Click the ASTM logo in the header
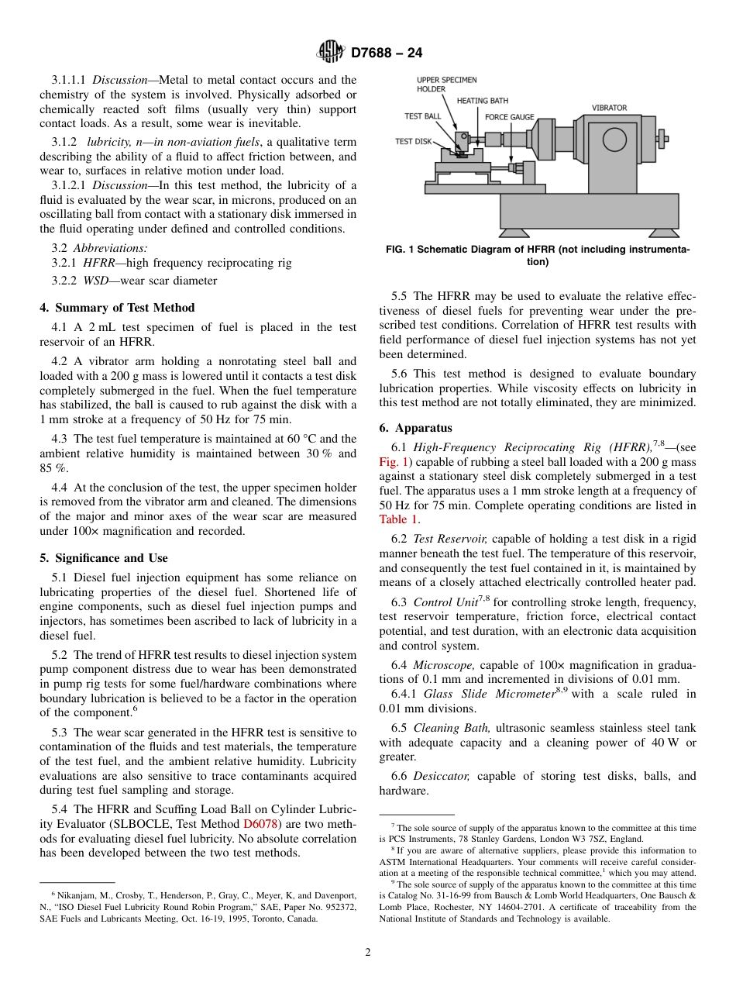[331, 53]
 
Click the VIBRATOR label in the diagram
[610, 108]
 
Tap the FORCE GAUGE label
[509, 117]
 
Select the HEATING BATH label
[483, 101]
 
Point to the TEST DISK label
[414, 142]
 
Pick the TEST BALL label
[423, 116]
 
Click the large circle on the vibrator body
[615, 140]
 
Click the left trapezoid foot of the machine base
[514, 233]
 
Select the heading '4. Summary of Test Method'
[117, 308]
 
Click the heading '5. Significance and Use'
[103, 558]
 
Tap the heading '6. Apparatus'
[415, 428]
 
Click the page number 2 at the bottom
[368, 953]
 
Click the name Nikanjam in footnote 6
[69, 895]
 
